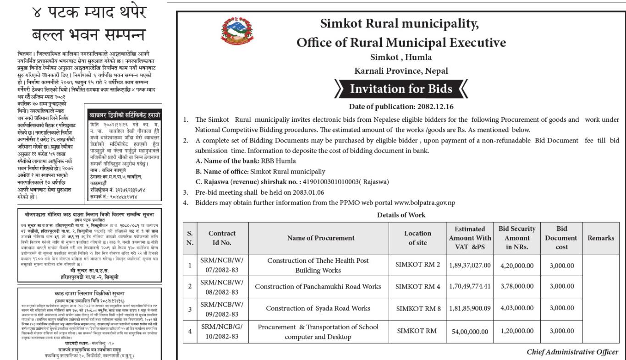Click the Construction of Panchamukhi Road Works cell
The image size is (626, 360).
click(318, 287)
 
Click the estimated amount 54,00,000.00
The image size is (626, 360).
click(472, 332)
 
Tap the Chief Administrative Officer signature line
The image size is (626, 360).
click(572, 352)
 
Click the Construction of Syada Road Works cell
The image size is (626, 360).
click(318, 309)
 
